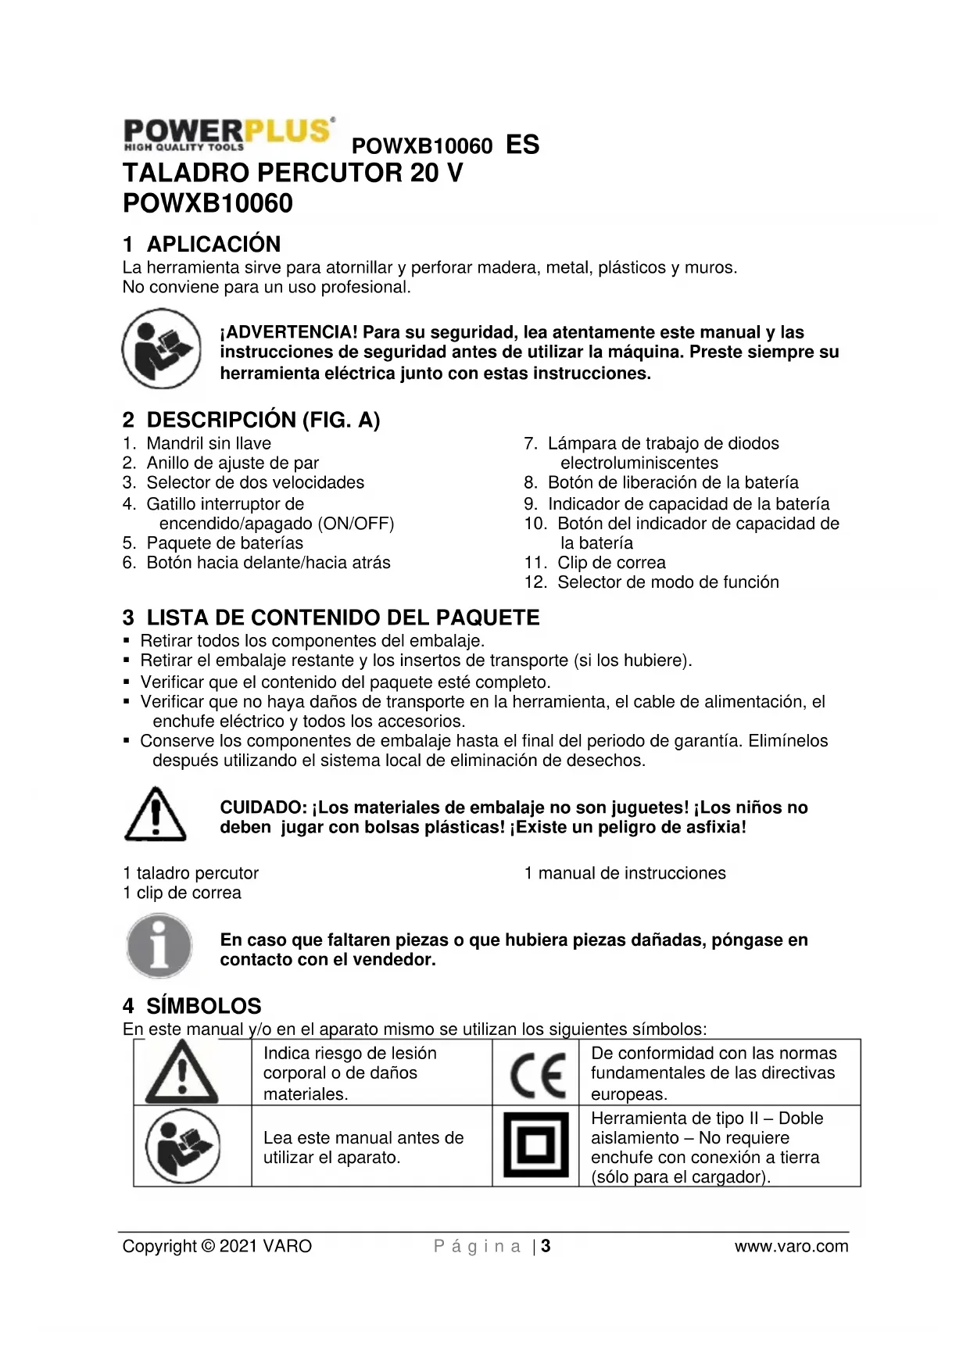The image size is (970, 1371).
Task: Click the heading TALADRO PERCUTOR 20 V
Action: pyautogui.click(x=292, y=173)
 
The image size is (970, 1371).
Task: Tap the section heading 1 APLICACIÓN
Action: pyautogui.click(x=202, y=244)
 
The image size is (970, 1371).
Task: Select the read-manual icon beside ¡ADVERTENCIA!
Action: pyautogui.click(x=161, y=349)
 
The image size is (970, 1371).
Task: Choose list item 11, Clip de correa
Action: pyautogui.click(x=610, y=563)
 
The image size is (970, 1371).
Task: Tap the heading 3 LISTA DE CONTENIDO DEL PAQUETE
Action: pyautogui.click(x=331, y=618)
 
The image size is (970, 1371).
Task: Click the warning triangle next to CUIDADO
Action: pyautogui.click(x=156, y=814)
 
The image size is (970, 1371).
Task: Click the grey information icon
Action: pyautogui.click(x=159, y=947)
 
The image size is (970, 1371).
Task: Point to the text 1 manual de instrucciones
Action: pyautogui.click(x=625, y=873)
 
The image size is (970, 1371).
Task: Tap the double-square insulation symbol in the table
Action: pyautogui.click(x=535, y=1145)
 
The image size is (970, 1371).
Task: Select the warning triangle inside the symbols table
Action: pyautogui.click(x=182, y=1072)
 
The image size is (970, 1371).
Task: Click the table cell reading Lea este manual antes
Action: pyautogui.click(x=363, y=1147)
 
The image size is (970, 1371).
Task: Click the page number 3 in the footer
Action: pyautogui.click(x=546, y=1246)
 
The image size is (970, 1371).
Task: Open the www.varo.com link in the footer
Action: pyautogui.click(x=791, y=1246)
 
